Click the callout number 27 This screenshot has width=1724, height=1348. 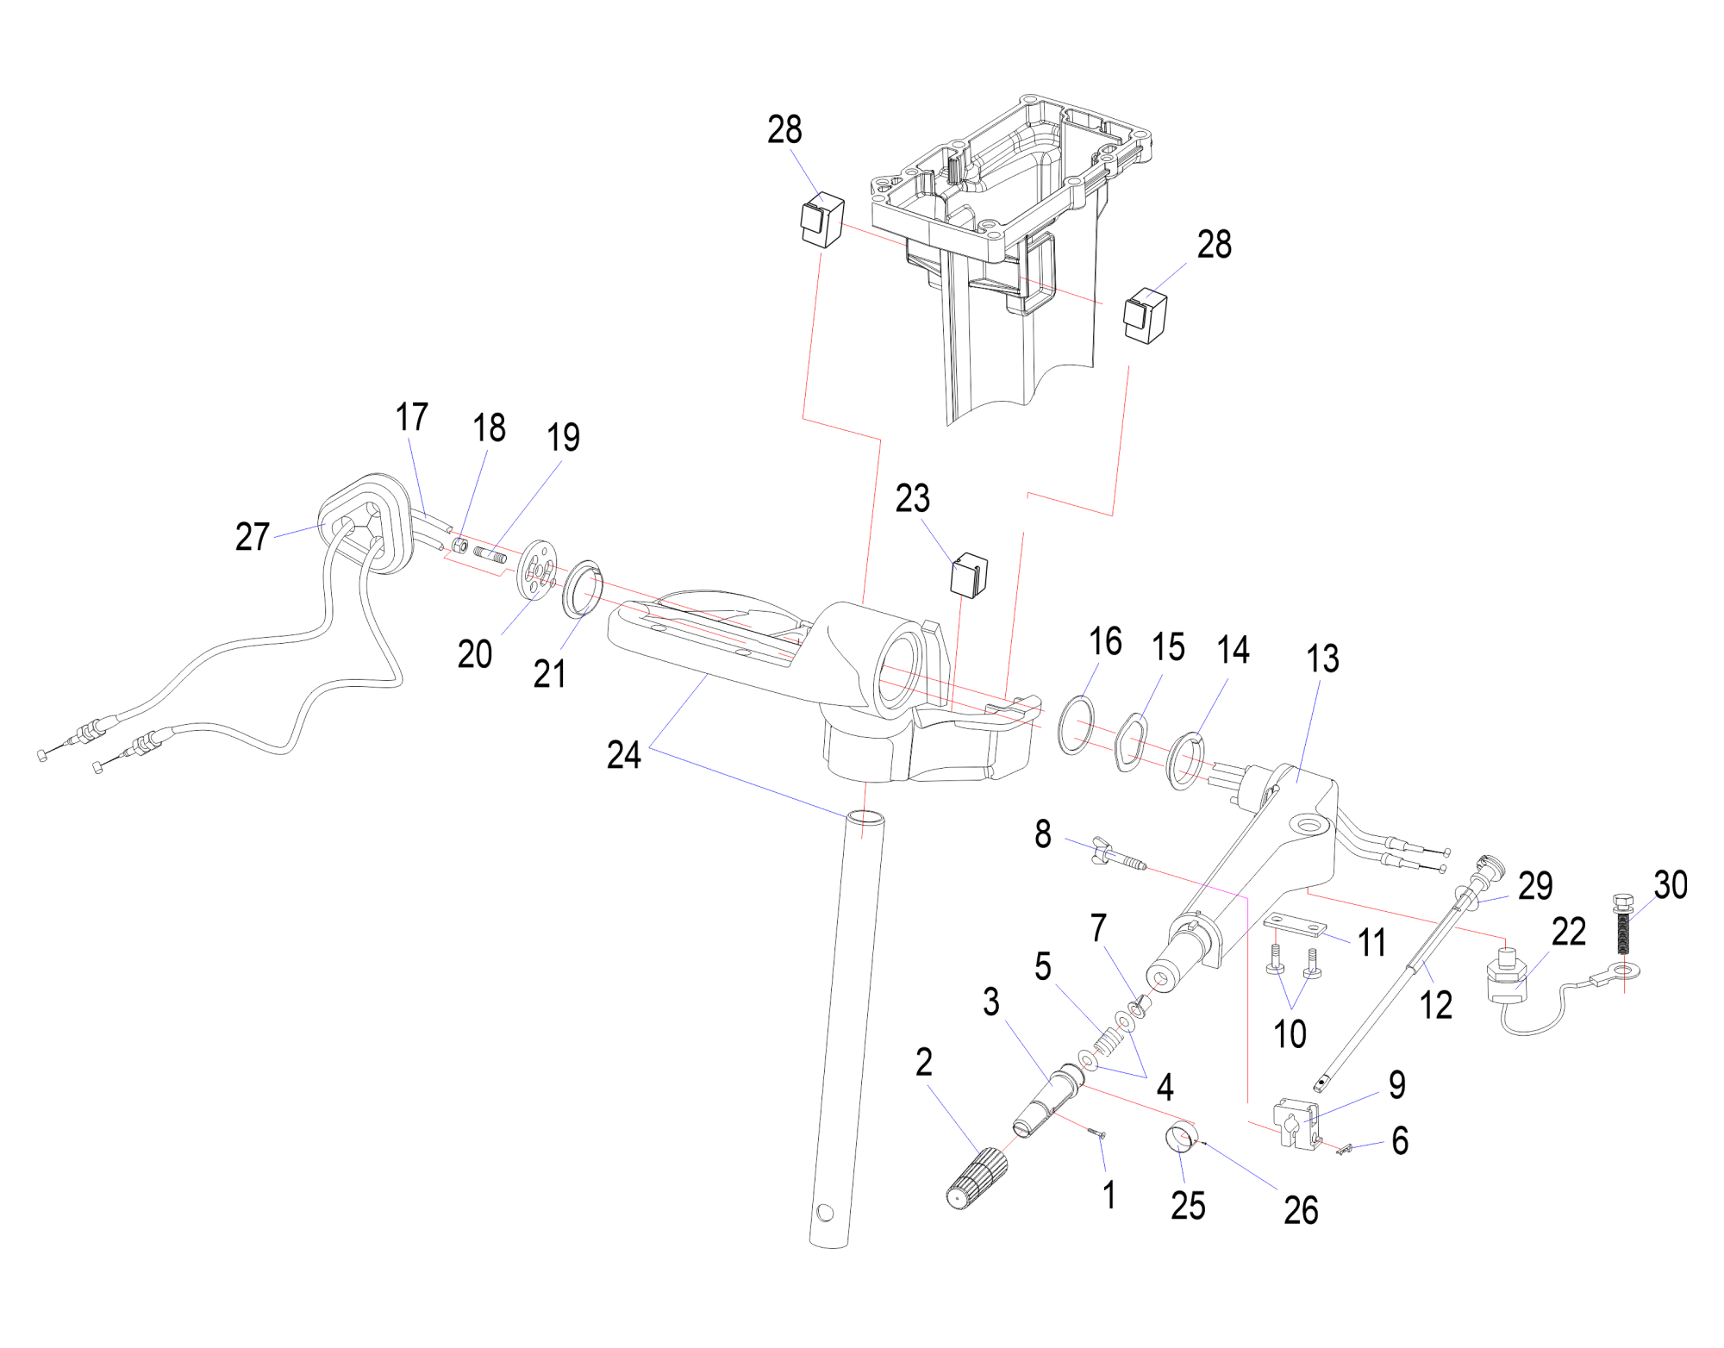253,537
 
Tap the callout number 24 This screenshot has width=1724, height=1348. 624,755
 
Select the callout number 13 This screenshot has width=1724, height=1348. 1322,659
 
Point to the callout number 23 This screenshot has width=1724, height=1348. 913,498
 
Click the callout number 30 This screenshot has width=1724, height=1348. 1671,885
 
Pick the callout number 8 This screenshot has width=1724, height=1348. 1043,834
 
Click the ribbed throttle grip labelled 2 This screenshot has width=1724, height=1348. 978,1178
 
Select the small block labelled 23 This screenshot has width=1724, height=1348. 969,575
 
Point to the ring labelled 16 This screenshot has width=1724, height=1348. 1076,724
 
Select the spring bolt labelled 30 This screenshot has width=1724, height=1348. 1623,926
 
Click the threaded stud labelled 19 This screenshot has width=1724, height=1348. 490,552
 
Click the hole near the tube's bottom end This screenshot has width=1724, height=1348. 825,1214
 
